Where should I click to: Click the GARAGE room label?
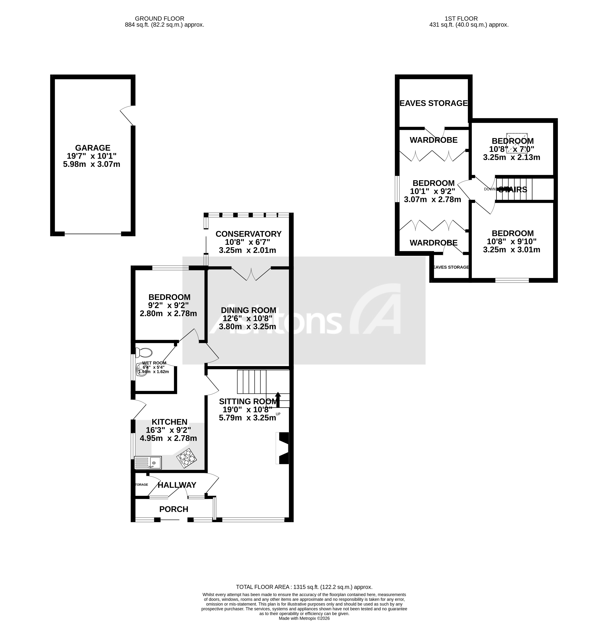[x=93, y=148]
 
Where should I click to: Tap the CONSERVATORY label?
[x=248, y=234]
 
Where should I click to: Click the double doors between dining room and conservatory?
[x=251, y=274]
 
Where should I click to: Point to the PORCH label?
[x=174, y=509]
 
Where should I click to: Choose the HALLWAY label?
[x=177, y=485]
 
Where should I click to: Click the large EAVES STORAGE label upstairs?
[x=434, y=103]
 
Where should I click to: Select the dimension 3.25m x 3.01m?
[x=512, y=250]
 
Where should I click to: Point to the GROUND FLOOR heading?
[x=160, y=19]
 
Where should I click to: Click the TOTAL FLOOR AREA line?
[x=304, y=587]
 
